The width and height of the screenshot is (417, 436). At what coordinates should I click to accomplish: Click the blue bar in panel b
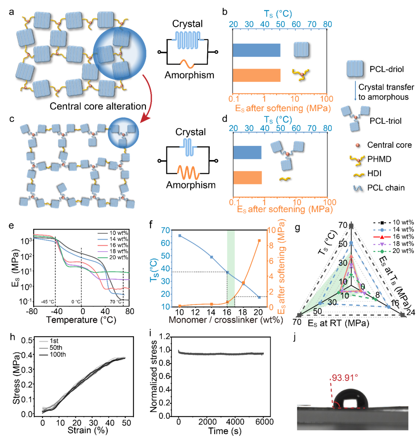click(257, 50)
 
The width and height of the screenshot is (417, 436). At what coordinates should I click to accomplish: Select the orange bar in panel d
click(247, 177)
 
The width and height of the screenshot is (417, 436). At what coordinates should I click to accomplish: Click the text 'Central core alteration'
click(98, 106)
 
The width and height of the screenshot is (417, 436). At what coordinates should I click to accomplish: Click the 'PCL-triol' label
click(385, 121)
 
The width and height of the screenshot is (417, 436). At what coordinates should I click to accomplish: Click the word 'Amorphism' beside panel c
click(191, 185)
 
